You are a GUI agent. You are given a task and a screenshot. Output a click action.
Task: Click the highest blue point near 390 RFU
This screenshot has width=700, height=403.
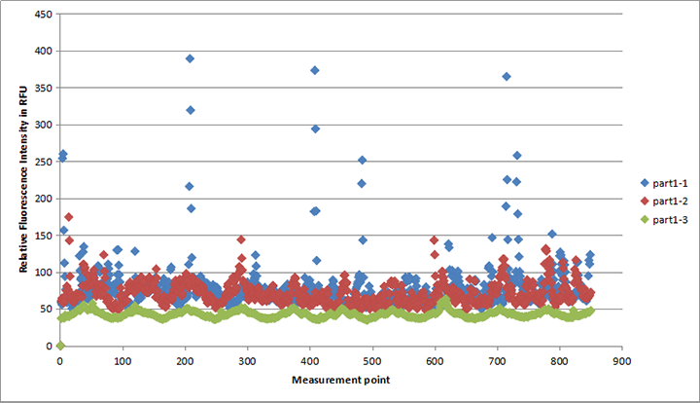tap(191, 58)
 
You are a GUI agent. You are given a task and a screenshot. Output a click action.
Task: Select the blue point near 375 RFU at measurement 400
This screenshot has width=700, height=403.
tap(314, 70)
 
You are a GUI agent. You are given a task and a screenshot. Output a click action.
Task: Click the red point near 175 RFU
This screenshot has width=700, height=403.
tap(68, 216)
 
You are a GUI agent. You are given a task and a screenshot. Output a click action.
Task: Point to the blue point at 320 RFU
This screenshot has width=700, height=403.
tap(191, 110)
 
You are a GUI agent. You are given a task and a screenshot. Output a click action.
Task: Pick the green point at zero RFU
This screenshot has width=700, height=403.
tap(60, 346)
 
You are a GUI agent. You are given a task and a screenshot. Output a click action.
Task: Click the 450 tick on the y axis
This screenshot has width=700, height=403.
tap(45, 16)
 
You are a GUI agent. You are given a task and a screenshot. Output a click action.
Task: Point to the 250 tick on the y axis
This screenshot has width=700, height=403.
tap(45, 162)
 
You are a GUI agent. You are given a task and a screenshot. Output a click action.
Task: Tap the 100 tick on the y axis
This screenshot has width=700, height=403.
tap(45, 273)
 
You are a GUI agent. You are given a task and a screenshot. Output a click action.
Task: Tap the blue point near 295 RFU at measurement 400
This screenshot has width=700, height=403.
tap(315, 128)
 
